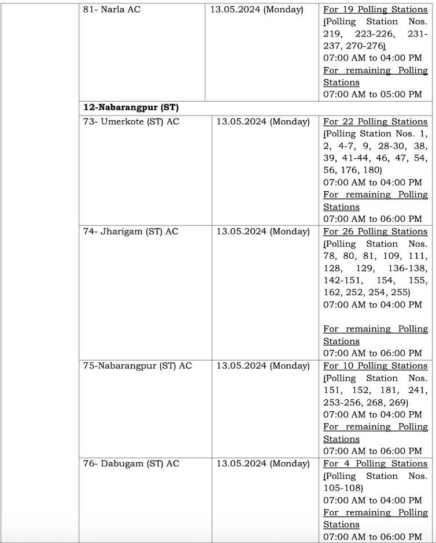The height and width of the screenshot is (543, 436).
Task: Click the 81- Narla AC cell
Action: (x=112, y=10)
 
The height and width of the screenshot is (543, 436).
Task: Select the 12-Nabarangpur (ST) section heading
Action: (x=131, y=108)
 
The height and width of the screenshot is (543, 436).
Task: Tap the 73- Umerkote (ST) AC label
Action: (x=131, y=122)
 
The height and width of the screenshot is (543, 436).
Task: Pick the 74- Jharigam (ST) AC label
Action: (x=131, y=232)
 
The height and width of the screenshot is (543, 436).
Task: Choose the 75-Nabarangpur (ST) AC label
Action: (x=137, y=366)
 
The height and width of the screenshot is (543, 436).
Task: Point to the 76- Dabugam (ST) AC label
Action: (x=131, y=463)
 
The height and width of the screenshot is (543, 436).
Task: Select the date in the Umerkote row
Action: (x=263, y=122)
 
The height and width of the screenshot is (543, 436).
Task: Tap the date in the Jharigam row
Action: (x=263, y=232)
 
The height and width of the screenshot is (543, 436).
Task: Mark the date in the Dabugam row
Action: (x=263, y=463)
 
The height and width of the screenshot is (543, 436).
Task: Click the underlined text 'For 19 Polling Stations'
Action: (x=375, y=10)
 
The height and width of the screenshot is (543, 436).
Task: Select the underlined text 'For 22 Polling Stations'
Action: (x=375, y=122)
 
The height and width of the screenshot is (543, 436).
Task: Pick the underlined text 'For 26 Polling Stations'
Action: (x=375, y=232)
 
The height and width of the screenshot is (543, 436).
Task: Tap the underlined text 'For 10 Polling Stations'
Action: (x=375, y=366)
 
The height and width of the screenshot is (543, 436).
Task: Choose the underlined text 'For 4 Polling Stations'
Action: (x=375, y=463)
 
